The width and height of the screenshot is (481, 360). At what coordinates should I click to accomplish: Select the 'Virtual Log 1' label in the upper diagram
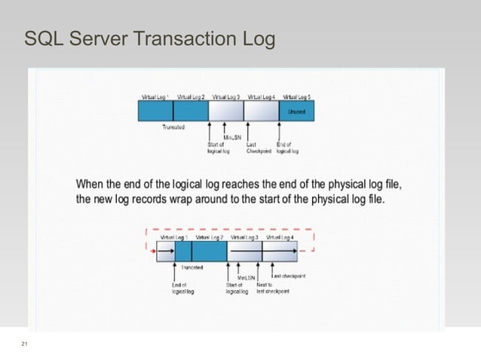(156, 97)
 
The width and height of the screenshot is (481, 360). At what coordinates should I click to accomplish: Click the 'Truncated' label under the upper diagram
(174, 127)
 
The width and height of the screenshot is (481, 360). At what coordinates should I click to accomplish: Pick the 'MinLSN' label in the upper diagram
(231, 137)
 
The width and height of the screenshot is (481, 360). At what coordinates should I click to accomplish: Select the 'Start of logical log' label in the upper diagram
(218, 147)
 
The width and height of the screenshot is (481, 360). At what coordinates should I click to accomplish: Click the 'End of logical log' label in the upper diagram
(287, 147)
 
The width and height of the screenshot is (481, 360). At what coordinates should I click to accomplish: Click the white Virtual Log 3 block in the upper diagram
(226, 111)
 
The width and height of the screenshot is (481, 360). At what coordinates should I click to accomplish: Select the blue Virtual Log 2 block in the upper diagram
(191, 111)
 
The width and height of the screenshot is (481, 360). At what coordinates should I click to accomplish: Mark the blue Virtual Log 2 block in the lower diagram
(209, 251)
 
